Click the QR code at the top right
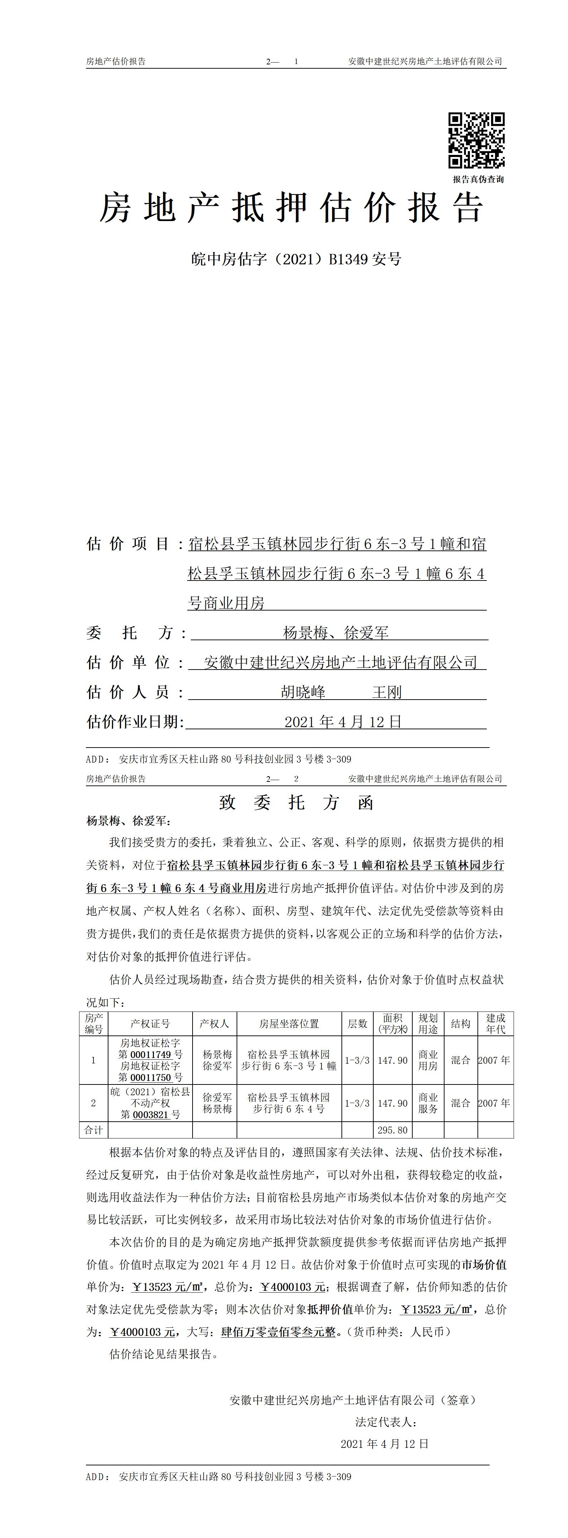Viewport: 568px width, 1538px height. pos(477,140)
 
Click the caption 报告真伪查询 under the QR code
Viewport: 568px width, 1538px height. pos(478,179)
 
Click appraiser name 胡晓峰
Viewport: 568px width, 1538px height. pos(304,692)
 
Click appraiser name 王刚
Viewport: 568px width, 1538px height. pos(387,692)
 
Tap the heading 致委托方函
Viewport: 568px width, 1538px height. pos(296,802)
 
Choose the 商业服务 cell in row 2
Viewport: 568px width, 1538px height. pos(428,1103)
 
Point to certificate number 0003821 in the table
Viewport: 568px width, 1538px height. pos(151,1115)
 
